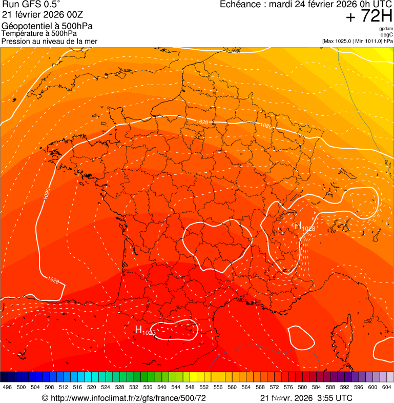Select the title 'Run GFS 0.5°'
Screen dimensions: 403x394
tap(31, 5)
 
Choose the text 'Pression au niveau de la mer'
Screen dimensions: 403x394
tap(49, 41)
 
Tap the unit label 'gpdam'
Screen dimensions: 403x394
tap(386, 29)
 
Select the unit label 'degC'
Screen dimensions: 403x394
tap(387, 34)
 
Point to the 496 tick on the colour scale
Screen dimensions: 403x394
tap(7, 388)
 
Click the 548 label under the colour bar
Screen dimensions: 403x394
tap(190, 388)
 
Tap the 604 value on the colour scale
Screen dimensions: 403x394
tap(386, 388)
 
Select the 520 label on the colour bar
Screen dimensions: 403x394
tap(91, 388)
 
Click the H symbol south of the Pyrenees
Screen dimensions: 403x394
tap(138, 329)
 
